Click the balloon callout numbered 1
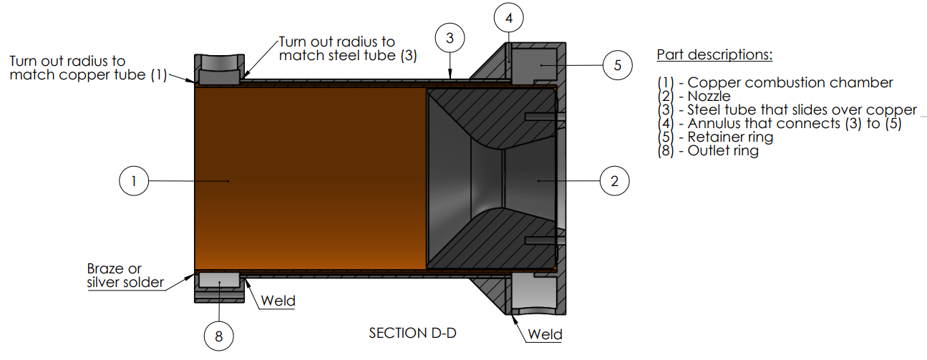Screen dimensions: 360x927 pyautogui.click(x=133, y=182)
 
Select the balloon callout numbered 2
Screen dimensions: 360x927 pyautogui.click(x=614, y=182)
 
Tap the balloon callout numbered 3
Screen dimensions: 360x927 pyautogui.click(x=450, y=38)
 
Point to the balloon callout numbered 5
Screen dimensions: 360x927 pyautogui.click(x=617, y=66)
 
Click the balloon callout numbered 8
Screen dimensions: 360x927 pyautogui.click(x=219, y=334)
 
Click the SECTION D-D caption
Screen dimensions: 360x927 pyautogui.click(x=412, y=334)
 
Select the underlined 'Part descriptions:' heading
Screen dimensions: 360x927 pyautogui.click(x=714, y=55)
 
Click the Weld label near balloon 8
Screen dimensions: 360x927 pyautogui.click(x=278, y=301)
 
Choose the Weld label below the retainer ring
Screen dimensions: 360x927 pyautogui.click(x=545, y=335)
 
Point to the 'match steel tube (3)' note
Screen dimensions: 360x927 pyautogui.click(x=348, y=55)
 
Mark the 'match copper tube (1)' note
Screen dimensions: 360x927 pyautogui.click(x=88, y=74)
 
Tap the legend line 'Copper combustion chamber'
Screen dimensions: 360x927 pyautogui.click(x=775, y=82)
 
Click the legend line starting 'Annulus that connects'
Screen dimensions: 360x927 pyautogui.click(x=780, y=123)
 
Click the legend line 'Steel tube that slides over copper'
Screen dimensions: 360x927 pyautogui.click(x=787, y=110)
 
